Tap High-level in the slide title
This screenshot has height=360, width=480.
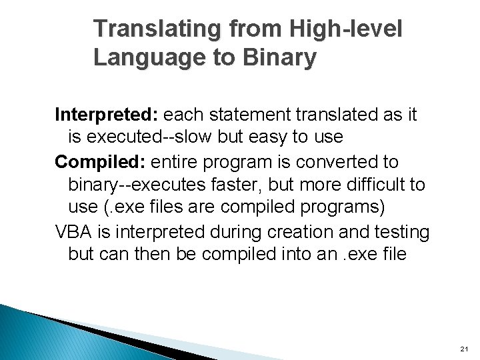pos(346,30)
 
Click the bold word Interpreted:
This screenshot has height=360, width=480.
pos(106,115)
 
